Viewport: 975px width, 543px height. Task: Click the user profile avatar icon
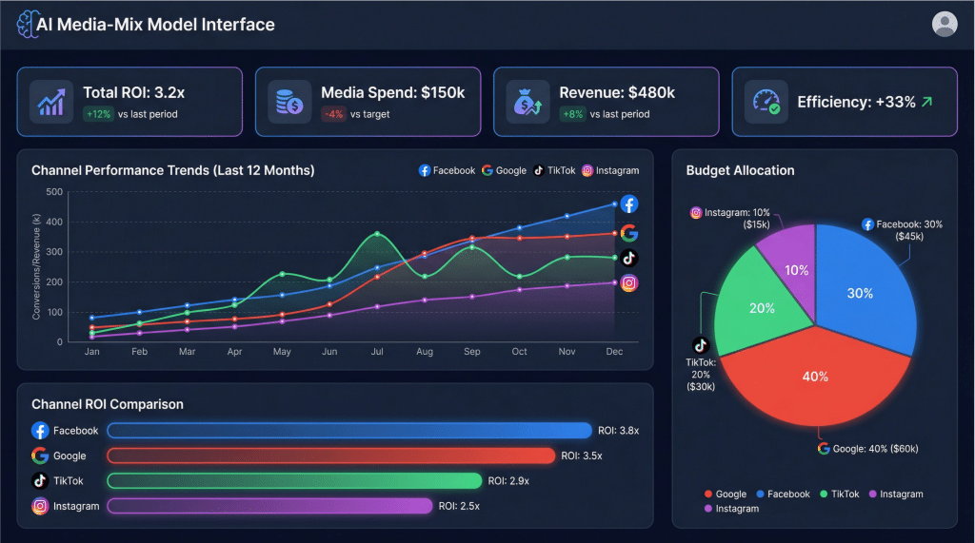[944, 24]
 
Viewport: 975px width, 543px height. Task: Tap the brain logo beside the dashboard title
[26, 25]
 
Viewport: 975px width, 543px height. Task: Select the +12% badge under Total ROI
[98, 114]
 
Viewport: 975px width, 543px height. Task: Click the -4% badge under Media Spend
[334, 114]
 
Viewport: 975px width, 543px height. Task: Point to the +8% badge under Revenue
[572, 114]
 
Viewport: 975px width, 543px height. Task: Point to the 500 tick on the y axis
[55, 192]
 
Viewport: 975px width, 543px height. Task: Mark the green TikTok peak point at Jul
[378, 234]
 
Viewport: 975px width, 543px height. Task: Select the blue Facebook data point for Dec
[613, 204]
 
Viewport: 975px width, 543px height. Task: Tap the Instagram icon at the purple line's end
[629, 282]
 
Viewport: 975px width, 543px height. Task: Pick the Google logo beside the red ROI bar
[40, 456]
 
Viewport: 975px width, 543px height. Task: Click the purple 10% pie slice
[787, 271]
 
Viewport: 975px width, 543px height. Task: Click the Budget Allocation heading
[740, 170]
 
